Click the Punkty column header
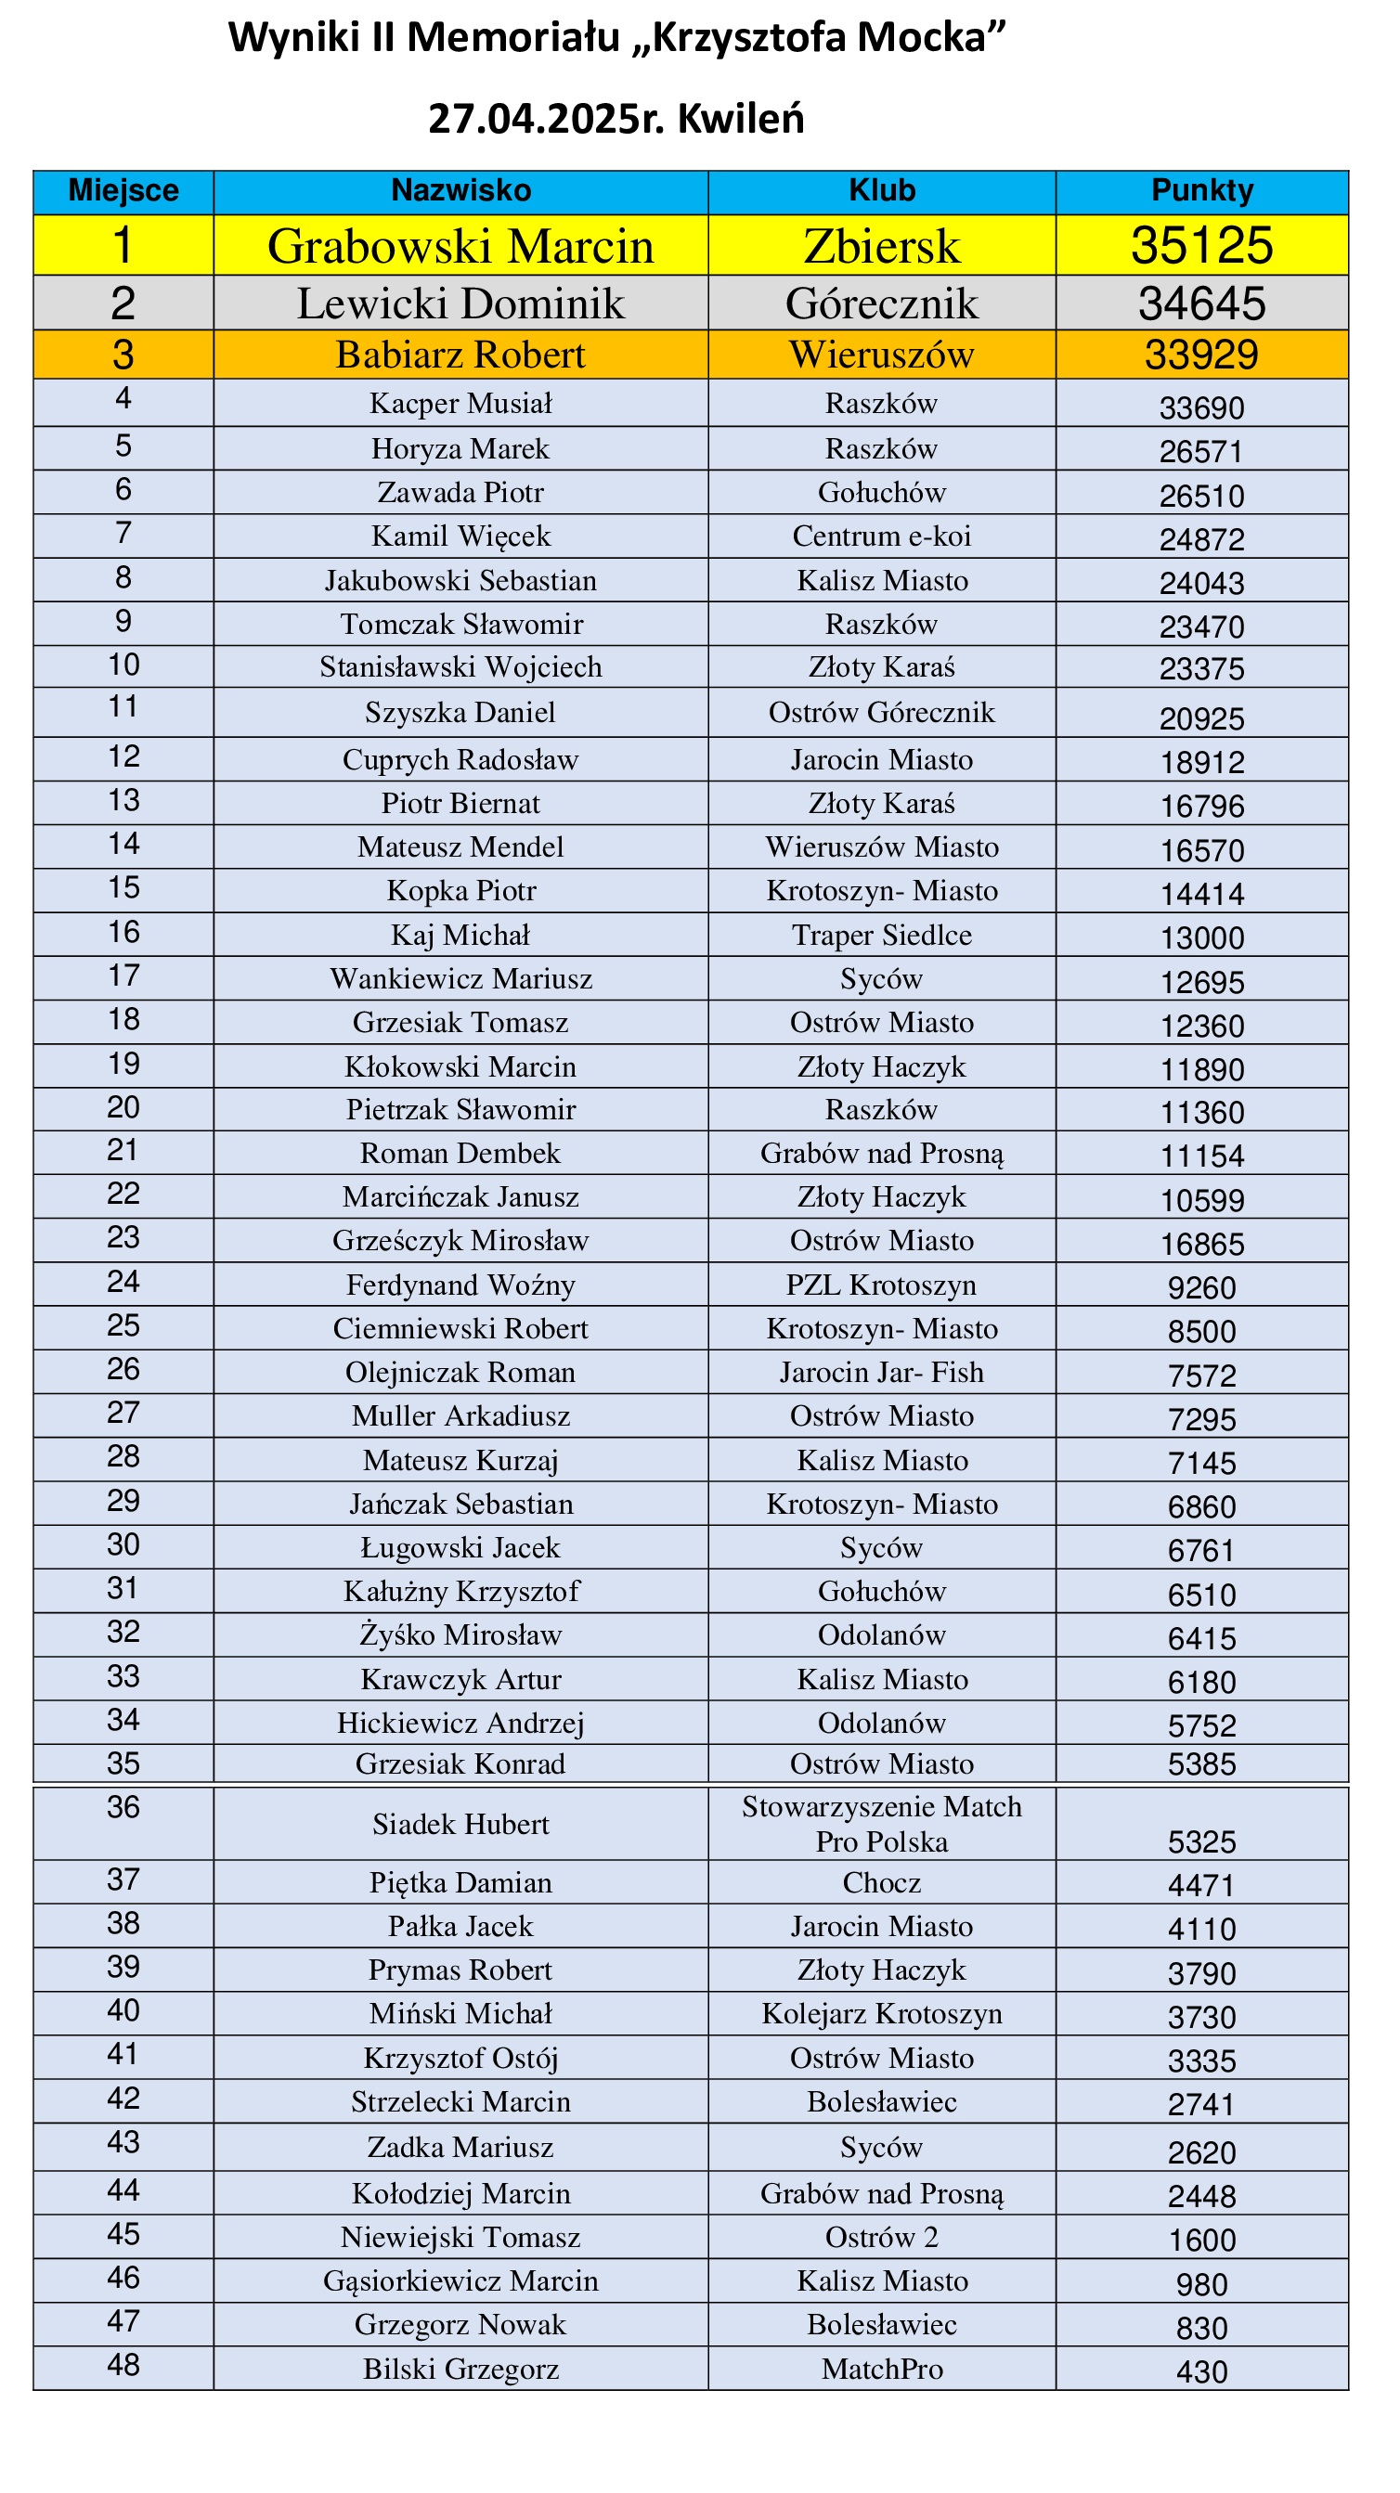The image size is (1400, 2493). [1201, 190]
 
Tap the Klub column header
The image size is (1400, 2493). [881, 190]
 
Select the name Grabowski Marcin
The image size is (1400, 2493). [460, 246]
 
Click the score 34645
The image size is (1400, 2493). [1201, 304]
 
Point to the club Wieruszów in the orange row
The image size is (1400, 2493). [881, 355]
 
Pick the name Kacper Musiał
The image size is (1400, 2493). [460, 404]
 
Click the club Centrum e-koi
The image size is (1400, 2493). [881, 536]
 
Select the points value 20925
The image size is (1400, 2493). [1201, 718]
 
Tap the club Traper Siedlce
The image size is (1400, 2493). [881, 935]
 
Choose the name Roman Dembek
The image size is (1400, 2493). [460, 1153]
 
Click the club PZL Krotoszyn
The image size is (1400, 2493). [881, 1285]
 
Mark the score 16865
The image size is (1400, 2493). [1201, 1244]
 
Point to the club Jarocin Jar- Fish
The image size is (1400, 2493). [881, 1372]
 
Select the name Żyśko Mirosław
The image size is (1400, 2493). [460, 1634]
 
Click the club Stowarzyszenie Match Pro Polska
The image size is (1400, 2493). [881, 1823]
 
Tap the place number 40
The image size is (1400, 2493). [123, 2010]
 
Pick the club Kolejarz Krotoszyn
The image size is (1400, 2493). [881, 2013]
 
